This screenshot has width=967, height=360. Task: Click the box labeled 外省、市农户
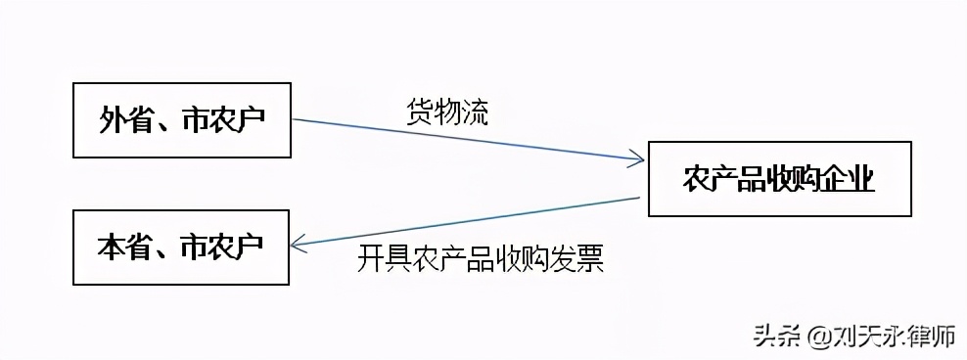tap(183, 120)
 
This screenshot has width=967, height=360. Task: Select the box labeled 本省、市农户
tap(181, 246)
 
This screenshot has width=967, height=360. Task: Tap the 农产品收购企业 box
tap(779, 179)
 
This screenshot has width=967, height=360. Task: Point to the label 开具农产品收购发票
tap(481, 259)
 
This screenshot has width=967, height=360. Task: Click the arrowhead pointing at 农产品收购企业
tap(637, 157)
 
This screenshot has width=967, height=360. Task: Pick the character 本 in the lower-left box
tap(111, 247)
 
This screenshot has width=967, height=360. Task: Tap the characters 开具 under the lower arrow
tap(383, 259)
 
